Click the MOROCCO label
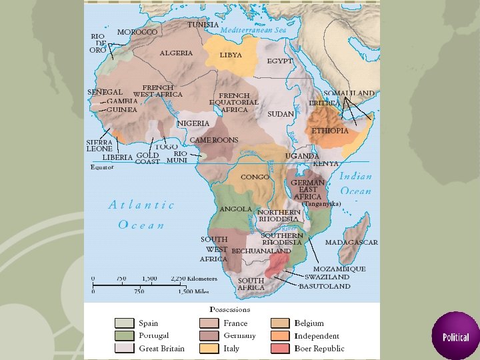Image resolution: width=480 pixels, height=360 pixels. (137, 32)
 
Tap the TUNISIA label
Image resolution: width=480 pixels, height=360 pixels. (203, 25)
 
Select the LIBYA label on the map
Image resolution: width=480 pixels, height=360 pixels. (231, 55)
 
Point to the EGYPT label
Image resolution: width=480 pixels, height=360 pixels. (280, 61)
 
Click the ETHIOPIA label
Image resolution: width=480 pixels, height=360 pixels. (330, 131)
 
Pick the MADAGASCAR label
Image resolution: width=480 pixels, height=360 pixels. (351, 243)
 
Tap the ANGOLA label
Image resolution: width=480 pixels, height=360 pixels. (236, 209)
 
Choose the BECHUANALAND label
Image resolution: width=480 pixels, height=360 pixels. (261, 251)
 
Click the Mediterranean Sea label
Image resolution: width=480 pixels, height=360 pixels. (253, 31)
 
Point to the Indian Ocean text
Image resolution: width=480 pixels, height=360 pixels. (356, 184)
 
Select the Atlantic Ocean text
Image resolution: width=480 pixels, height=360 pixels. (141, 215)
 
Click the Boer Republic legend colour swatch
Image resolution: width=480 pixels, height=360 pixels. (281, 348)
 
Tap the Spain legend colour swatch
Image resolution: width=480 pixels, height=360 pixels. (125, 323)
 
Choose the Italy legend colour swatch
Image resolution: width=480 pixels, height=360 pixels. (209, 348)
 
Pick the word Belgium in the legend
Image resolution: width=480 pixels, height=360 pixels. (309, 323)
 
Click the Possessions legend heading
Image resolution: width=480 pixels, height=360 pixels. (230, 309)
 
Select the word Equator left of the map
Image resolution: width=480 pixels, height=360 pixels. (102, 167)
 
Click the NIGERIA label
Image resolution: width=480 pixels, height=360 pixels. (193, 123)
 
